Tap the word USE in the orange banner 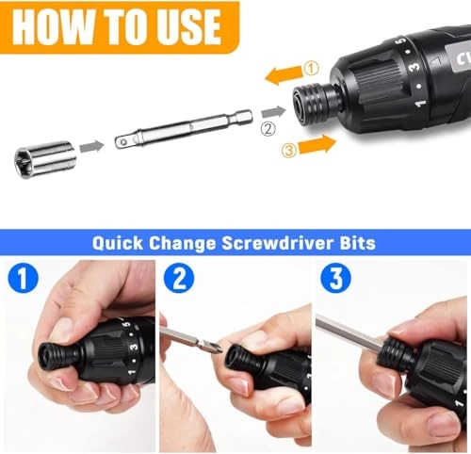188,27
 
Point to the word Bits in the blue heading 358,243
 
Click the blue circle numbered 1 23,278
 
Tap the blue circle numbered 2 179,278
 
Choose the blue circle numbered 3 335,278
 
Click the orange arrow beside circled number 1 284,75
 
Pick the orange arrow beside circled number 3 317,145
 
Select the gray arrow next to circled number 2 273,112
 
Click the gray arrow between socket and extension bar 91,146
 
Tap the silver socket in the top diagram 45,159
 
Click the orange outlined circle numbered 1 311,68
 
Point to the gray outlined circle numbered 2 268,128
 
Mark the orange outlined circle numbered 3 289,150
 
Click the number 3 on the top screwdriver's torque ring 414,66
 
